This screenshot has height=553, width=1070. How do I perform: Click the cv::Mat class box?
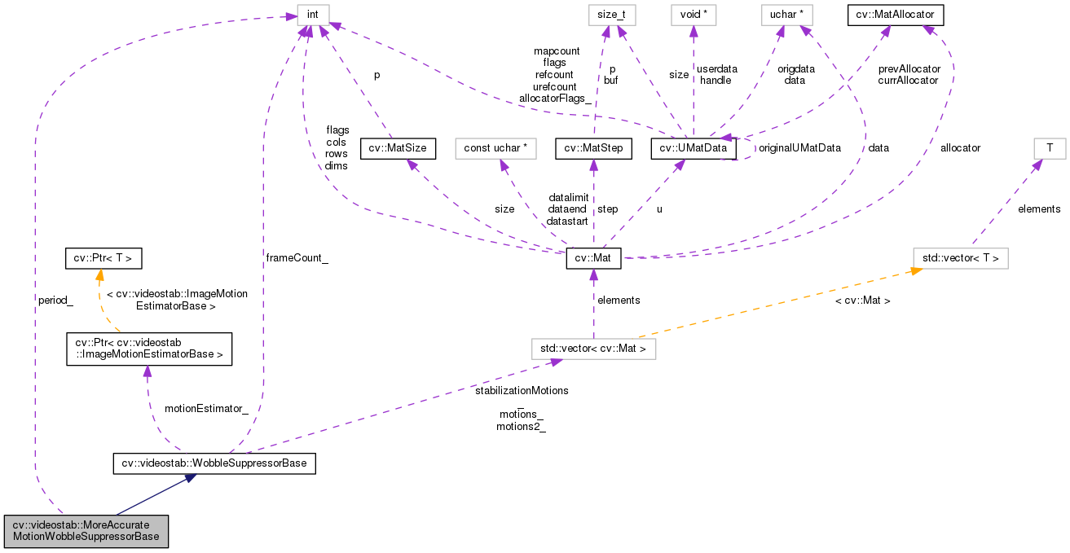click(x=593, y=259)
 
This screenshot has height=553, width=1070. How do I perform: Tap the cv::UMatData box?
click(x=694, y=148)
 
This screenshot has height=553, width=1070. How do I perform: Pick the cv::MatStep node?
click(x=592, y=148)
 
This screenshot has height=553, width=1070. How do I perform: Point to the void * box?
click(x=693, y=14)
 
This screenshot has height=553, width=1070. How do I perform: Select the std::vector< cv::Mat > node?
click(x=592, y=349)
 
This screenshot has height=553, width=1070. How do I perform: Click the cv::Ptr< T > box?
click(x=103, y=259)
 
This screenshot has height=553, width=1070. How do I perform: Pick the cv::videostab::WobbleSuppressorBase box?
click(x=214, y=463)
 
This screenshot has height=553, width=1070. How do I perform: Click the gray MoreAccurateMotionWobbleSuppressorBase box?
click(x=86, y=531)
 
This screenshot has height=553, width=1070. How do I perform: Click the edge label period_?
click(x=55, y=300)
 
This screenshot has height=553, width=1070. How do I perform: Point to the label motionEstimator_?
click(x=206, y=408)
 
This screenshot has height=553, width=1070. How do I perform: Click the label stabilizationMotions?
click(x=522, y=390)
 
